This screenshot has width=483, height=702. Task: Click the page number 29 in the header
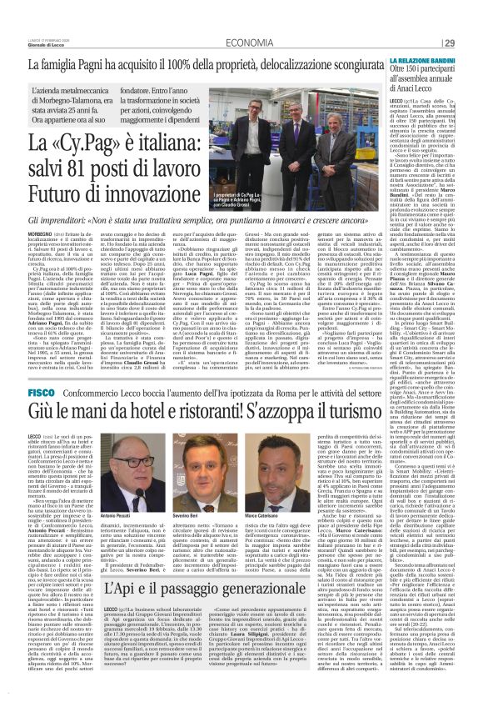[470, 19]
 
